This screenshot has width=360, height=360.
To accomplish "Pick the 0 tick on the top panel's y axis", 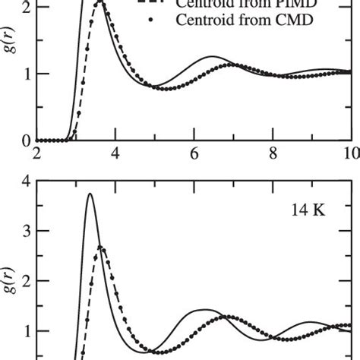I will coord(25,141).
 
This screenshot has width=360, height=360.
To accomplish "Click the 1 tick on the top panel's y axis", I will coord(25,74).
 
